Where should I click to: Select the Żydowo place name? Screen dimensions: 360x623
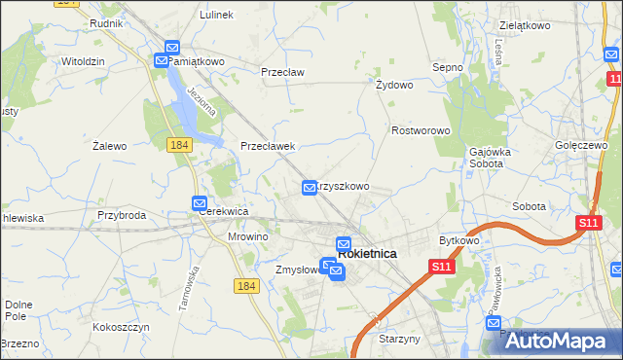(395, 85)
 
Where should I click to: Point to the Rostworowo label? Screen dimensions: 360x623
(420, 130)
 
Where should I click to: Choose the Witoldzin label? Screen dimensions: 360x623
(83, 60)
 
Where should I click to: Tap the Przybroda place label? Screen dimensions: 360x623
(122, 215)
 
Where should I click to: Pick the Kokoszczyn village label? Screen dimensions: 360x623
(122, 328)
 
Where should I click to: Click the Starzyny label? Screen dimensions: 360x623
(398, 339)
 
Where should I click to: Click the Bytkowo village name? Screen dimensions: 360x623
(459, 239)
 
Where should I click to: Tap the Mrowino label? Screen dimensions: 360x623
(247, 235)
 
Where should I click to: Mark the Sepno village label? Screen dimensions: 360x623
(447, 67)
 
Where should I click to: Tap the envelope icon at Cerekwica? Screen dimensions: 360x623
(200, 204)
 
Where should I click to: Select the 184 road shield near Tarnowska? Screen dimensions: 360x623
(246, 284)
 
